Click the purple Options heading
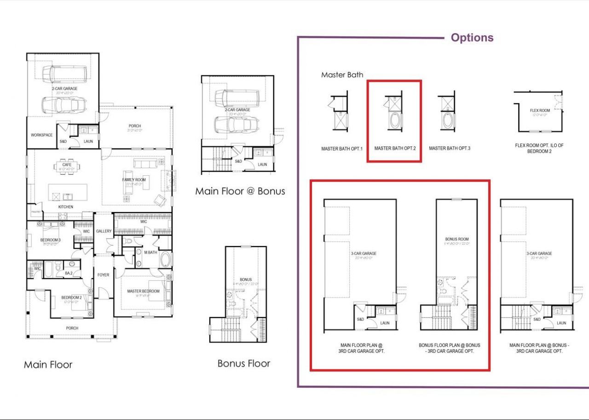coord(472,38)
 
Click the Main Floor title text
coord(48,365)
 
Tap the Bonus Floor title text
coord(243,363)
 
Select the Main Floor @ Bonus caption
coord(240,191)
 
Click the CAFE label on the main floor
coord(67,165)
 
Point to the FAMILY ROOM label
coord(133,179)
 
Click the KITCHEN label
coord(65,207)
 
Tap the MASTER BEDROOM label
coord(143,291)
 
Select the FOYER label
coord(103,275)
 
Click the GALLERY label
coord(104,231)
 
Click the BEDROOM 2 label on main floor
coord(71,298)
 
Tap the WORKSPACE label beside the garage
coord(41,135)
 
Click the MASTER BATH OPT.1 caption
coord(342,149)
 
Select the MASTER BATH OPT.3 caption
coord(449,149)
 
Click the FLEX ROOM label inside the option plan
coord(540,110)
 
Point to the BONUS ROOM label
coord(456,240)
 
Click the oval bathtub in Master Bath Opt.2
coord(395,121)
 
